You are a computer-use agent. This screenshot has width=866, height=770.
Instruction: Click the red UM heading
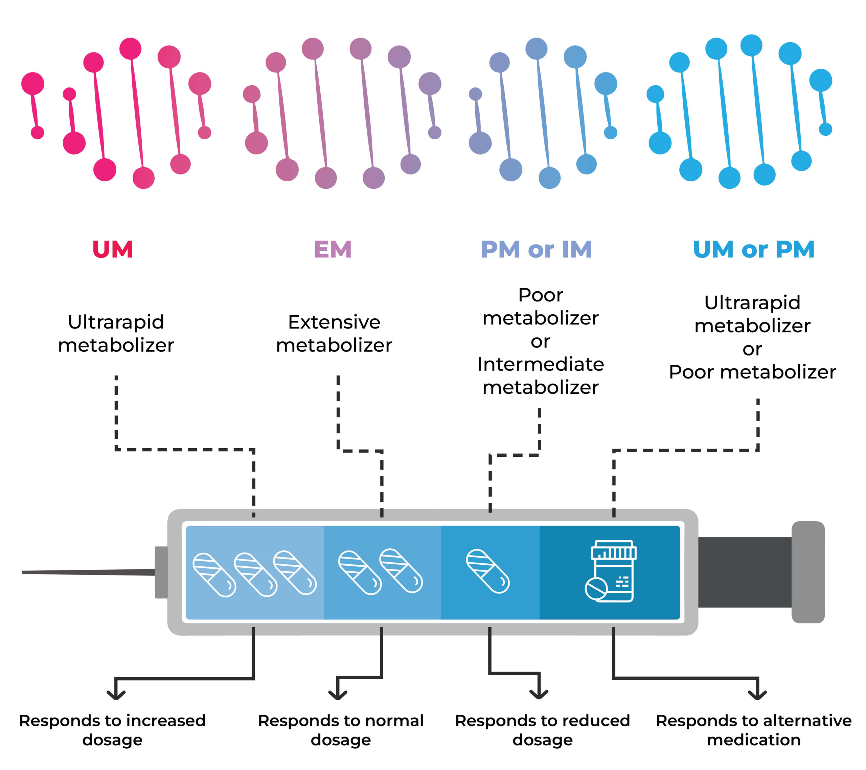(113, 249)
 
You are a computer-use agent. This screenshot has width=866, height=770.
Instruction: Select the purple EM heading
(333, 249)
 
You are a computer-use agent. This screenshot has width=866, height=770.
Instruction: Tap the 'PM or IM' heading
(537, 249)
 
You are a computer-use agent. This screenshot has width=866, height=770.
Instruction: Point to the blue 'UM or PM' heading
(754, 249)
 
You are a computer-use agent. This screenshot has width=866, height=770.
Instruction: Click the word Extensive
(334, 322)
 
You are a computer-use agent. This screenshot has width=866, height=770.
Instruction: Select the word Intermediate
(541, 364)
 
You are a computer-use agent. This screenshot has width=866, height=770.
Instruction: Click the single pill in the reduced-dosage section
(488, 572)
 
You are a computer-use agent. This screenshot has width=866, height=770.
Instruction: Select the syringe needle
(89, 572)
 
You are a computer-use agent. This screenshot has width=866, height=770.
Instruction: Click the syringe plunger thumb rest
(808, 572)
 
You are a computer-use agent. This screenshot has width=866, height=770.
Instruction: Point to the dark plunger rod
(745, 572)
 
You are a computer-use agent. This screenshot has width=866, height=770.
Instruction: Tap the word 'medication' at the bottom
(754, 740)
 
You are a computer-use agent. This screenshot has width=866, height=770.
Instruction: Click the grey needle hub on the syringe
(161, 572)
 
